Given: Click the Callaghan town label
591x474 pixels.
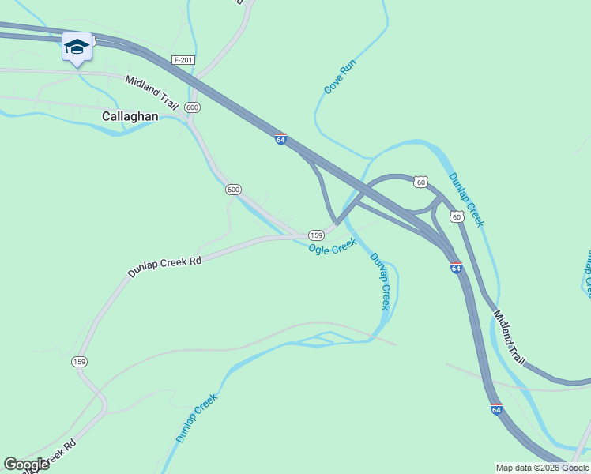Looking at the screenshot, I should pyautogui.click(x=130, y=116).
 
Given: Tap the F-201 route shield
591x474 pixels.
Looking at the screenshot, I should pyautogui.click(x=183, y=60).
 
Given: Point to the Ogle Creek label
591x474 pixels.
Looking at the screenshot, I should pyautogui.click(x=333, y=248).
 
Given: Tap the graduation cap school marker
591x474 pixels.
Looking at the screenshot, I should pyautogui.click(x=77, y=48).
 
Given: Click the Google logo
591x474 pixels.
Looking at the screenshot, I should pyautogui.click(x=26, y=465).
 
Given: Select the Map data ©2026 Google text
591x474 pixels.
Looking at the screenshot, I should pyautogui.click(x=542, y=468).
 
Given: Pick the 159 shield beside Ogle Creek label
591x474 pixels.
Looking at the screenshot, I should pyautogui.click(x=316, y=235).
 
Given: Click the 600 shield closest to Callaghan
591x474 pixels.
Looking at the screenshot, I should pyautogui.click(x=192, y=107).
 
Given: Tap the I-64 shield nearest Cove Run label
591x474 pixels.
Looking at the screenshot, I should pyautogui.click(x=280, y=139).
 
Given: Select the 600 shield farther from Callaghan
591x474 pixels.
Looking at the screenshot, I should pyautogui.click(x=233, y=190).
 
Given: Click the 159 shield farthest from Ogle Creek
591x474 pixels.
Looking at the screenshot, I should pyautogui.click(x=79, y=362).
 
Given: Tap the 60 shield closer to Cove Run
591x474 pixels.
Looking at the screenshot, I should pyautogui.click(x=421, y=182).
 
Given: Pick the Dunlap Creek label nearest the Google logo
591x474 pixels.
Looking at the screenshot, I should pyautogui.click(x=196, y=419).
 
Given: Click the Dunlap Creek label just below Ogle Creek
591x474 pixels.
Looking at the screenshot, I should pyautogui.click(x=381, y=281).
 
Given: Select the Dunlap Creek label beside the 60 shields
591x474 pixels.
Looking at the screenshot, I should pyautogui.click(x=466, y=199).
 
